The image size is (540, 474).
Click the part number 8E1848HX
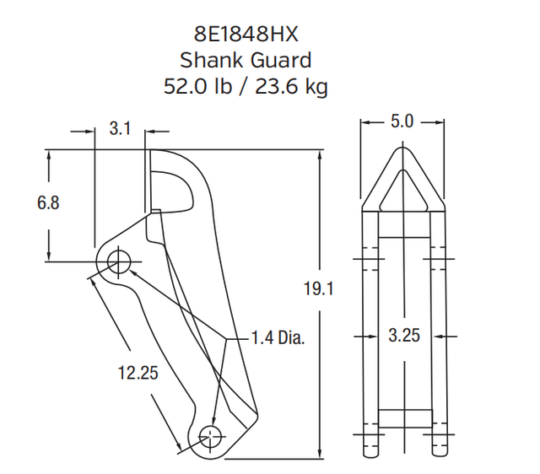click(x=246, y=35)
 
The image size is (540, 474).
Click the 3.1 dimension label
click(x=120, y=129)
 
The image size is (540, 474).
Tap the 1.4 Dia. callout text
click(x=278, y=337)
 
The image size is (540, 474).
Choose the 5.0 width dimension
click(x=402, y=121)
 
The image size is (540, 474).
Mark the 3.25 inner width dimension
click(x=403, y=335)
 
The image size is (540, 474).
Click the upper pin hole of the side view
click(x=119, y=261)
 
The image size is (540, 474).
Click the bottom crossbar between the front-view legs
click(x=403, y=419)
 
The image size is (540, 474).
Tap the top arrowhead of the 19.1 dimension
click(x=319, y=156)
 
